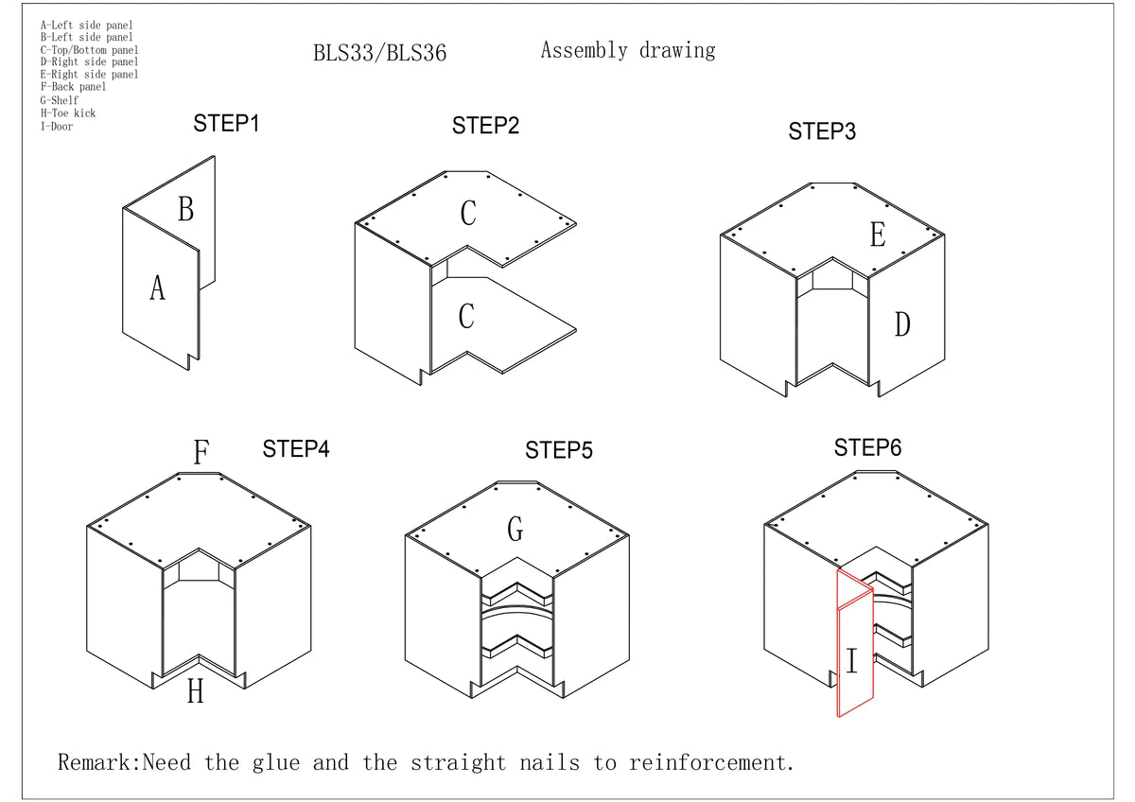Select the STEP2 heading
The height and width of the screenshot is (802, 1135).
485,126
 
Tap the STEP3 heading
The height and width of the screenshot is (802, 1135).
822,131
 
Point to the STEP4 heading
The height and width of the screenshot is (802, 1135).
295,448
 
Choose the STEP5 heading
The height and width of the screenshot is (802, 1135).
559,450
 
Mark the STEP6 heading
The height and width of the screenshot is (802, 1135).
867,447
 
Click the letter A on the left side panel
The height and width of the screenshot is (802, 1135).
157,288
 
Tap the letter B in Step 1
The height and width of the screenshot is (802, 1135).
185,209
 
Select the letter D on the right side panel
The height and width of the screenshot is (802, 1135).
902,324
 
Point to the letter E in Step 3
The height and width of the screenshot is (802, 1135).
877,235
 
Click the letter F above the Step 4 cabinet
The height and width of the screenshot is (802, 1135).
201,453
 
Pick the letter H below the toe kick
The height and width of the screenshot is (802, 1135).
195,692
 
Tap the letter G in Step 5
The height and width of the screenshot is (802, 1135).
515,530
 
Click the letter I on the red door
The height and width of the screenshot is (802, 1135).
851,661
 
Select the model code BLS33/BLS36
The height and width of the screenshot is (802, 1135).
379,53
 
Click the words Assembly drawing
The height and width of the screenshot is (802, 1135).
627,50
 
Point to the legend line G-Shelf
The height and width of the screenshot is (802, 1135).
60,100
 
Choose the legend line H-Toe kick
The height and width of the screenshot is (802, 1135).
67,113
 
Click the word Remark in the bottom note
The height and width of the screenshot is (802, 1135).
98,762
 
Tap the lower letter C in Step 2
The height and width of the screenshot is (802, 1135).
465,316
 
